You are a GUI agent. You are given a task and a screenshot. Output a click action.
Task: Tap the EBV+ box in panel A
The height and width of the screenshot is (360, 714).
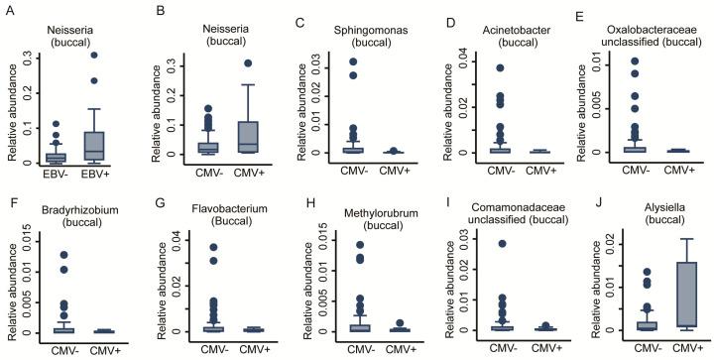tap(95, 144)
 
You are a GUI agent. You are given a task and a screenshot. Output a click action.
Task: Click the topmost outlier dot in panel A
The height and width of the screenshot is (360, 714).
tap(95, 55)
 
